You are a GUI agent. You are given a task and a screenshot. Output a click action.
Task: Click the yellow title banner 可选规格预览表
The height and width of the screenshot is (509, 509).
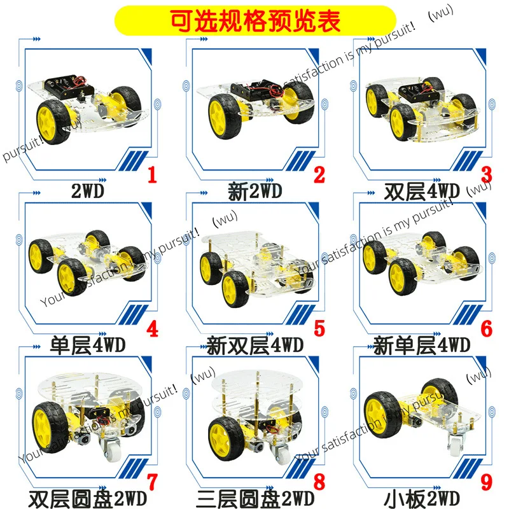pos(254,18)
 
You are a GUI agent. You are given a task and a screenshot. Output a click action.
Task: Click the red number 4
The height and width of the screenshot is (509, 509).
pos(151,329)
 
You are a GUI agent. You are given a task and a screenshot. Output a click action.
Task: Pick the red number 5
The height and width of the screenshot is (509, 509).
pos(319,329)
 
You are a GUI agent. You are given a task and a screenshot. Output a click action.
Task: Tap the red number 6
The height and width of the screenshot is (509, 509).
pos(487,329)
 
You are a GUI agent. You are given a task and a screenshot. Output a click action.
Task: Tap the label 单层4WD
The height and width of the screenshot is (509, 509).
pos(88,346)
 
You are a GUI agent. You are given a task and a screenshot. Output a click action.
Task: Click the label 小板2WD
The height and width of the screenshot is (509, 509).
pos(422,498)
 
